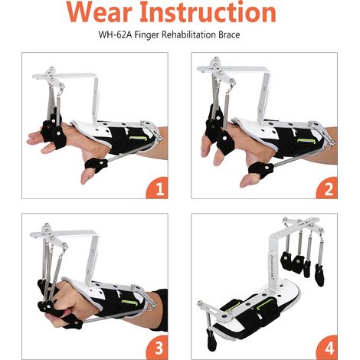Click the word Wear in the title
pyautogui.click(x=100, y=11)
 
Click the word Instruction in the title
pyautogui.click(x=208, y=11)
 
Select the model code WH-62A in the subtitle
pyautogui.click(x=115, y=34)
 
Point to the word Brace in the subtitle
pyautogui.click(x=229, y=34)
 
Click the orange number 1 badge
pyautogui.click(x=158, y=188)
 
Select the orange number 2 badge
pyautogui.click(x=327, y=188)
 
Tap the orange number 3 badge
pyautogui.click(x=158, y=348)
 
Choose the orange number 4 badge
pyautogui.click(x=327, y=348)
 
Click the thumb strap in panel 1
pyautogui.click(x=97, y=164)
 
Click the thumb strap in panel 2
pyautogui.click(x=260, y=169)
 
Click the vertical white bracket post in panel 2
pyautogui.click(x=263, y=97)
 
